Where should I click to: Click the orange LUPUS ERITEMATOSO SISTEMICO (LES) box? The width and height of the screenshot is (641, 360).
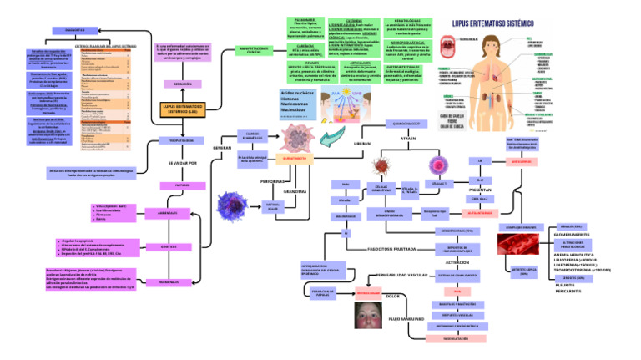[x=180, y=110]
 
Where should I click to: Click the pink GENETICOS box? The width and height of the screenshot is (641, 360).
[x=169, y=247]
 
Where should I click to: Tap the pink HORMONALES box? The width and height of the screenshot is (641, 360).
[x=169, y=282]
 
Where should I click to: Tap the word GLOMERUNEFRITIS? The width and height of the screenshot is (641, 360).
[x=571, y=235]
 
